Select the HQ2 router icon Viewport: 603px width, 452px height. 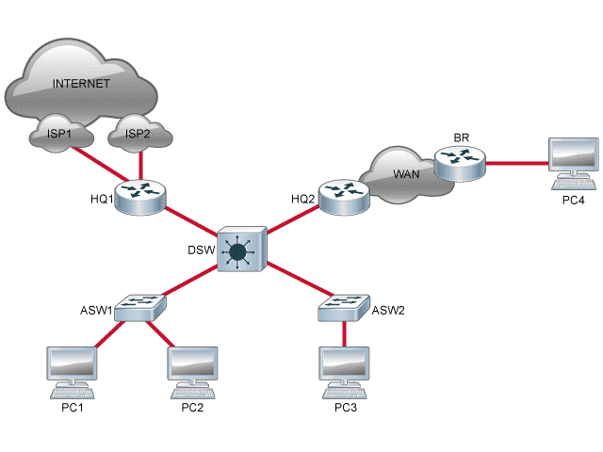pyautogui.click(x=341, y=195)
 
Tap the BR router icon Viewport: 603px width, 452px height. pyautogui.click(x=461, y=162)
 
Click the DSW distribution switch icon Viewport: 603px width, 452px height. pyautogui.click(x=242, y=250)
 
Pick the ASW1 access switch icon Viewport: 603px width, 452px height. pyautogui.click(x=141, y=308)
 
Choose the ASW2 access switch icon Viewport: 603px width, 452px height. pyautogui.click(x=344, y=306)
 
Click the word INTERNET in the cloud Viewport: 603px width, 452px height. pyautogui.click(x=82, y=84)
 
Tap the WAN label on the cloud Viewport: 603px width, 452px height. pyautogui.click(x=405, y=172)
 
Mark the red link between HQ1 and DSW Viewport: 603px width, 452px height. pyautogui.click(x=191, y=221)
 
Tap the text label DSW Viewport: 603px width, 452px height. pyautogui.click(x=200, y=250)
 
